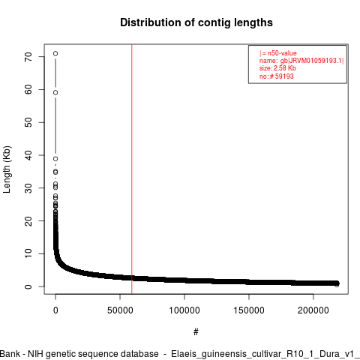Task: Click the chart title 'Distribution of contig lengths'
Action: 196,22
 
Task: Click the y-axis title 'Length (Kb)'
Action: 7,169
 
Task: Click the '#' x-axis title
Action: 196,332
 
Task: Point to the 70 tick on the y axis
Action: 28,57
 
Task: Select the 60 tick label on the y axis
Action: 28,89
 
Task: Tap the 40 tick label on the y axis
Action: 28,155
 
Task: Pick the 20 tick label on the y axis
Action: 28,220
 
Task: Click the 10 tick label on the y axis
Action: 28,253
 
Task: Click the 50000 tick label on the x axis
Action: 120,310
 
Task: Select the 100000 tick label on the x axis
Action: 184,310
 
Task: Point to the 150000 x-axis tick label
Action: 249,310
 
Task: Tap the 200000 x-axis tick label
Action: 313,310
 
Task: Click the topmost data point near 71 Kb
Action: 55,53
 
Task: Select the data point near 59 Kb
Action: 55,92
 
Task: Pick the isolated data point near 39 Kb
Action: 55,159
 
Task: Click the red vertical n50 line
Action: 132,169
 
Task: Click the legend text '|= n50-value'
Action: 278,53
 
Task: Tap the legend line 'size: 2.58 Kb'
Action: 277,68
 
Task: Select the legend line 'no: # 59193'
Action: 276,76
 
